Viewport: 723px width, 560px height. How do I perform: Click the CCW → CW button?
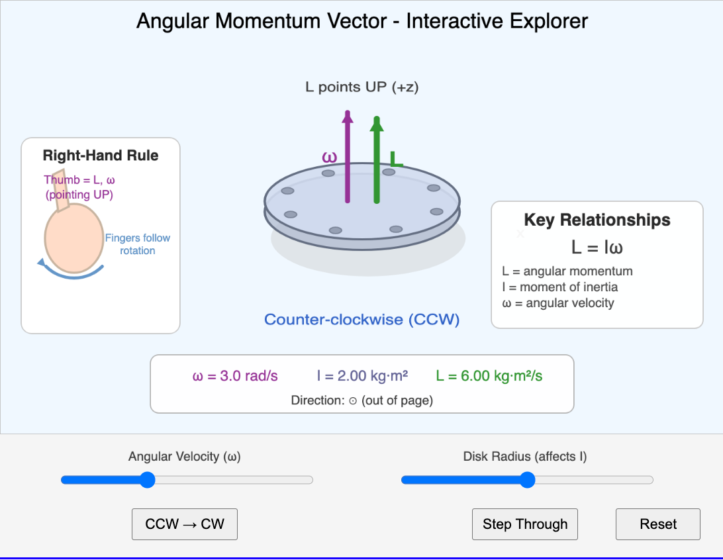[x=185, y=524]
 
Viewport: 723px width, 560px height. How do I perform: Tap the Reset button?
[x=657, y=524]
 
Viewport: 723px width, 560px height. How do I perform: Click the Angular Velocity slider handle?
[x=148, y=480]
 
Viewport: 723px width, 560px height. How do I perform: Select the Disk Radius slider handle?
[x=527, y=480]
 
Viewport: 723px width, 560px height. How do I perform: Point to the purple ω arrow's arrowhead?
[x=347, y=117]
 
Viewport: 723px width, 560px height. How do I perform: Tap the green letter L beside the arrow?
[x=396, y=160]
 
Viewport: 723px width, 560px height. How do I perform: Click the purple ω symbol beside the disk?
[x=329, y=157]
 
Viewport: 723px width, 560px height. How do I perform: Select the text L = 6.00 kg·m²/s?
[x=489, y=376]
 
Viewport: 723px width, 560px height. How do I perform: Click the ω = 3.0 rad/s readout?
[x=235, y=376]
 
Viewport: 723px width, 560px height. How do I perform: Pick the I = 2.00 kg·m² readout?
[x=362, y=376]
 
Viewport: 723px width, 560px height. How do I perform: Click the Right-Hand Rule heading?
[x=101, y=156]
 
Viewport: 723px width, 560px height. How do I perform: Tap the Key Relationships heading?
[x=597, y=220]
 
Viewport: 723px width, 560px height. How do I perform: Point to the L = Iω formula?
[x=597, y=247]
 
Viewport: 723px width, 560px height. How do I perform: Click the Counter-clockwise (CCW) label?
[x=361, y=320]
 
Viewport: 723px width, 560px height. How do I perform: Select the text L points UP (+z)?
[x=361, y=87]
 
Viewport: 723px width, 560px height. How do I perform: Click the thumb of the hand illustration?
[x=60, y=191]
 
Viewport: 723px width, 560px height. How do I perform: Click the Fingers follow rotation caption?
[x=138, y=244]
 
